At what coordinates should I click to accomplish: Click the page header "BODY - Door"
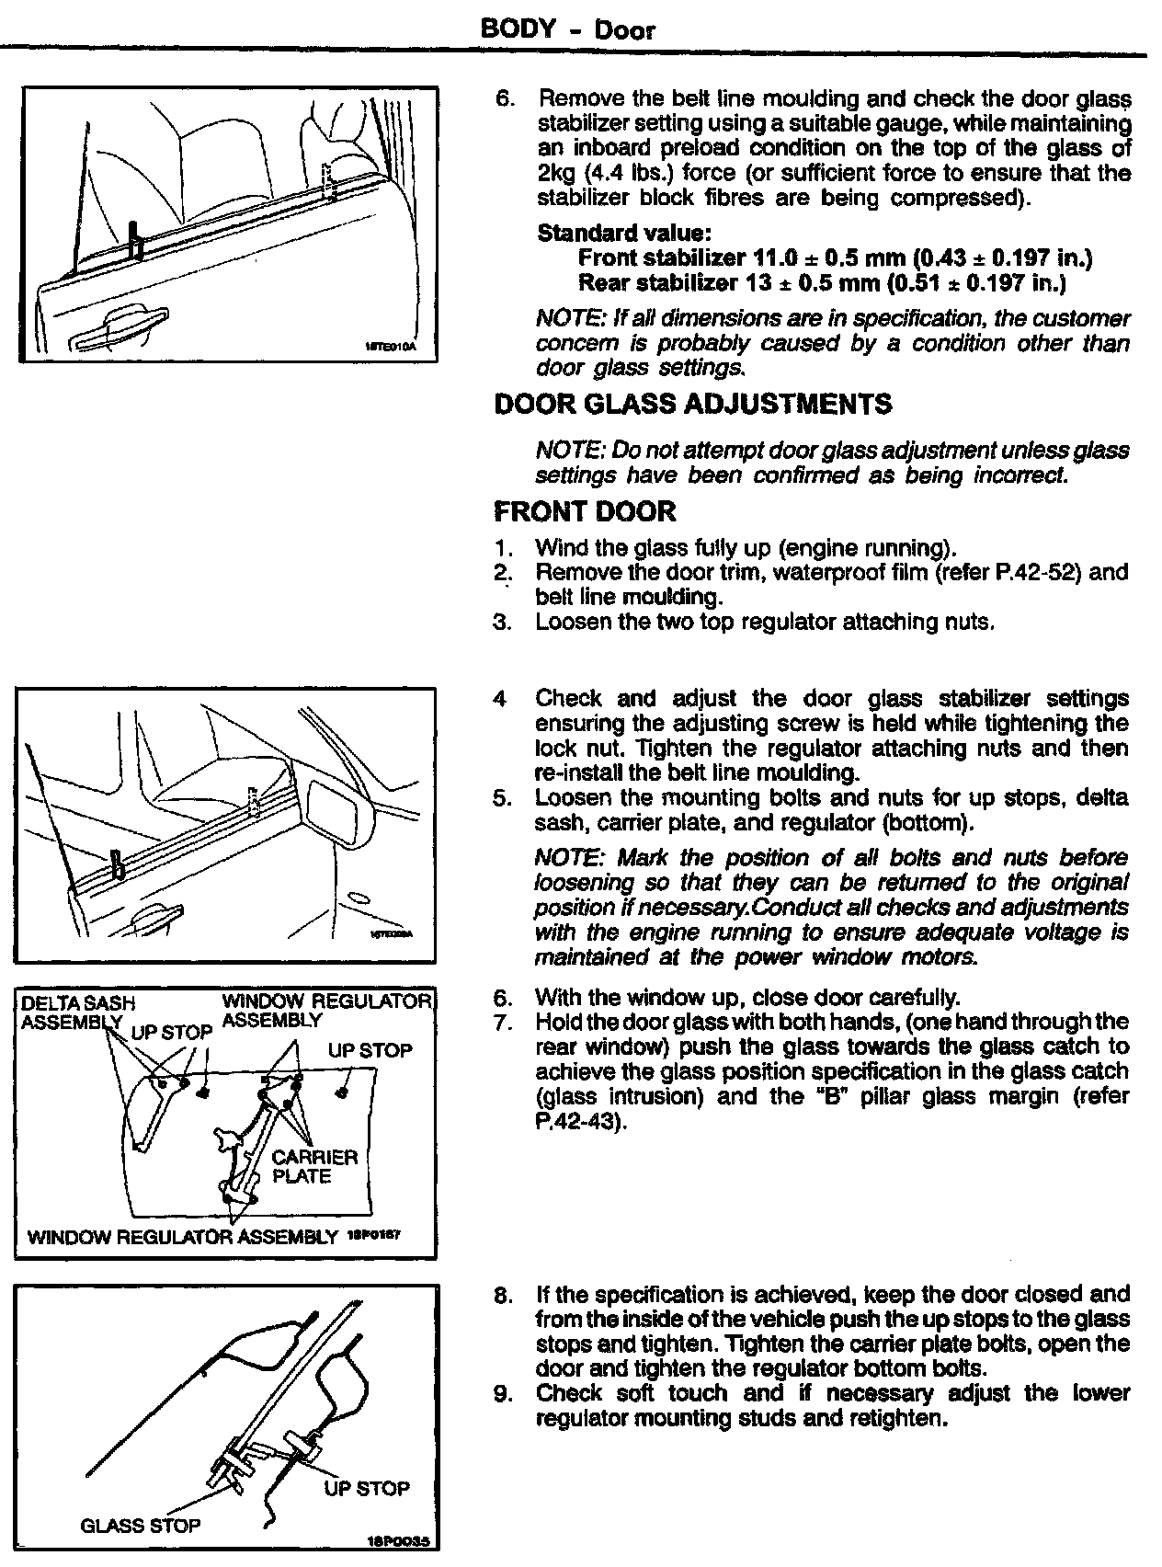[x=567, y=29]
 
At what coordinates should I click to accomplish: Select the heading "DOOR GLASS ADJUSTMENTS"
[x=692, y=405]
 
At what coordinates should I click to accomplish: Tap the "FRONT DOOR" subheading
[x=585, y=511]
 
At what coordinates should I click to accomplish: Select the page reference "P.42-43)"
[x=579, y=1122]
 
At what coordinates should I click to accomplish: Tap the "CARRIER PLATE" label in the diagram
[x=314, y=1167]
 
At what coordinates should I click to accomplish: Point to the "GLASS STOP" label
[x=141, y=1526]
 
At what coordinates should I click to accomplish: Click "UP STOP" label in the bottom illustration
[x=367, y=1488]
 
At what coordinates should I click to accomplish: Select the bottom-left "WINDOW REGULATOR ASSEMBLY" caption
[x=183, y=1237]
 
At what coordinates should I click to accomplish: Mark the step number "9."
[x=503, y=1394]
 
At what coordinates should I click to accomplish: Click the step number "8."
[x=503, y=1295]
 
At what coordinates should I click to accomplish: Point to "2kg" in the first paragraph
[x=556, y=173]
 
